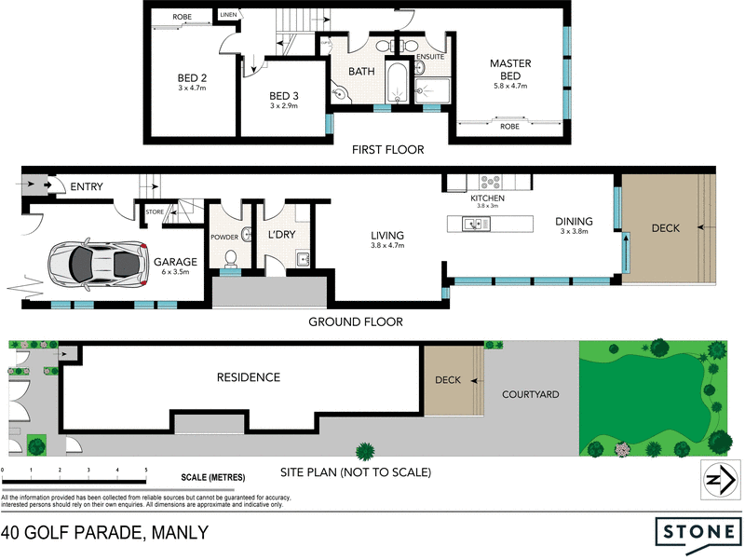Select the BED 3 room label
(x=282, y=96)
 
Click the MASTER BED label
(x=510, y=69)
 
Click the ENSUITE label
(x=430, y=56)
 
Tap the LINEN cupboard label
(x=228, y=15)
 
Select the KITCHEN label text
(x=487, y=198)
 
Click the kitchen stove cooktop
(x=490, y=183)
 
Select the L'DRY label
(x=280, y=236)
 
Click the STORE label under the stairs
(x=155, y=213)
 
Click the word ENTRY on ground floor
(x=87, y=187)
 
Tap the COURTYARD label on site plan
(x=531, y=394)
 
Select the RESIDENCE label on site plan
(x=248, y=377)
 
